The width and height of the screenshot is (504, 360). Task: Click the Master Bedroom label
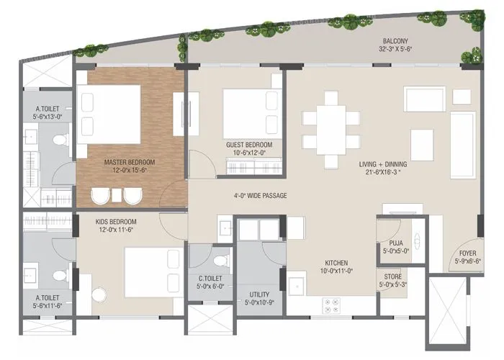click(130, 162)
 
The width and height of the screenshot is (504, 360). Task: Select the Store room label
click(393, 276)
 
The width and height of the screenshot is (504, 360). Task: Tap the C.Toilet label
click(210, 279)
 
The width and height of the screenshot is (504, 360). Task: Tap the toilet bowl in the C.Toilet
click(222, 258)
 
